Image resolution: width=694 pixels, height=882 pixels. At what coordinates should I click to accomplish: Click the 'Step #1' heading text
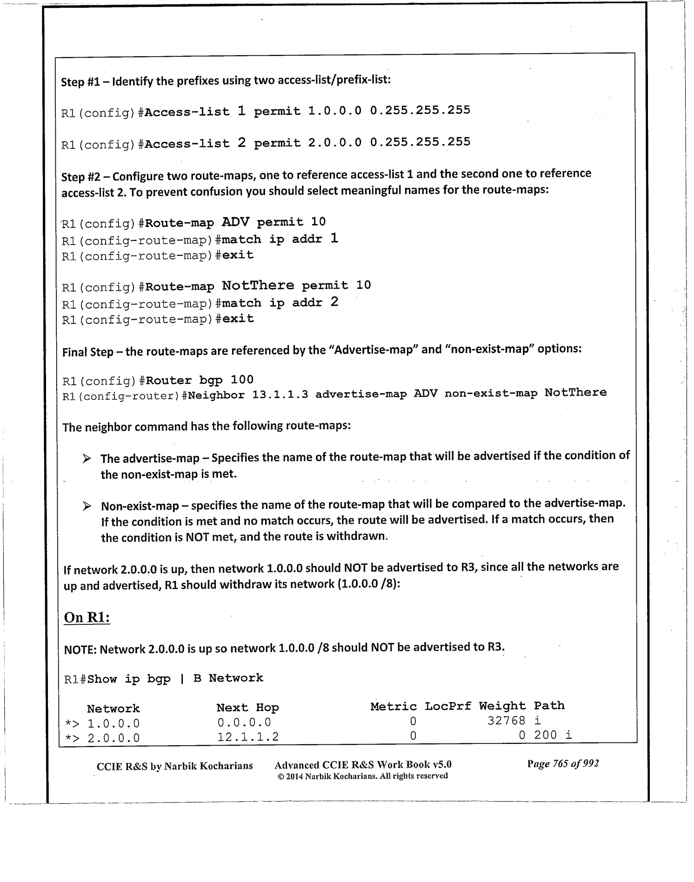80,82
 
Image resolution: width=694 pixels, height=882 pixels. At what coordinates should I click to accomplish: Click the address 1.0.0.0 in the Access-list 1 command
334,111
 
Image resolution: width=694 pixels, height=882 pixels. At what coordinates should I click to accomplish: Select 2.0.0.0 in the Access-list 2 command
334,142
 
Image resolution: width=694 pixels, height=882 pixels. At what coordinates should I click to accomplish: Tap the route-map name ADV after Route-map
235,222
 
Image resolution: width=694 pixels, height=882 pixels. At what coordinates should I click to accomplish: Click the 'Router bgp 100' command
200,380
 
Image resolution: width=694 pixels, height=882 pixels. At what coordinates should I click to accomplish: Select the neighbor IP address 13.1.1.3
280,394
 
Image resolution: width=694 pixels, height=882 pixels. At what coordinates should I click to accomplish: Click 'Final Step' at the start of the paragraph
87,352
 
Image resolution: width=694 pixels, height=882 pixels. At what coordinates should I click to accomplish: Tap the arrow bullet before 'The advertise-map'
87,459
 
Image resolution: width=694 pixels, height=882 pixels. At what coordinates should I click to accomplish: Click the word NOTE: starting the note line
80,649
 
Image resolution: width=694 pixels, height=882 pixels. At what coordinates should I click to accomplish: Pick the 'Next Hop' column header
247,708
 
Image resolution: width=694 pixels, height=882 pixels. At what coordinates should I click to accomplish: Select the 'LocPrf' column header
447,706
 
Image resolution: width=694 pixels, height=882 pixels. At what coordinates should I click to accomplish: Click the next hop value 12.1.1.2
248,737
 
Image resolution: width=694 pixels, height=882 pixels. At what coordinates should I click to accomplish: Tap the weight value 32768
507,721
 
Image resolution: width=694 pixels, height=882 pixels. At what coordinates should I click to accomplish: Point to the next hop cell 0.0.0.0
244,722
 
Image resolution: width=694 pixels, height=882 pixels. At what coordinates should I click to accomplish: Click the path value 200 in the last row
545,735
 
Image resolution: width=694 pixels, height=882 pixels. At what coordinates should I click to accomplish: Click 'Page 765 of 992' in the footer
563,763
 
